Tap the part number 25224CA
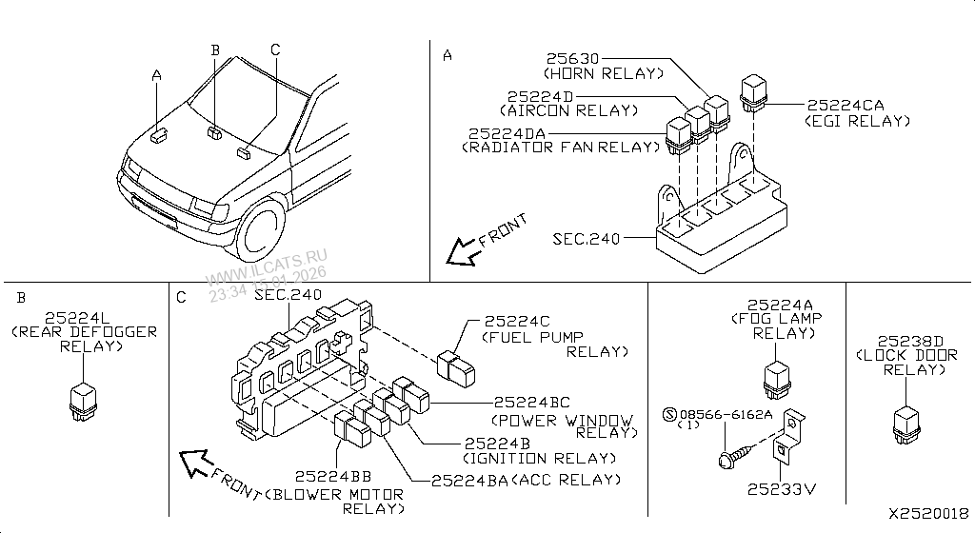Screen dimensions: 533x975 tap(846, 106)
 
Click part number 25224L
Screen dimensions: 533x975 tap(81, 316)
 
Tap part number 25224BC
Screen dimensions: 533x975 tap(532, 403)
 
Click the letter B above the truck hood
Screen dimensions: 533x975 tap(215, 49)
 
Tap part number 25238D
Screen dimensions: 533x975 tap(909, 340)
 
